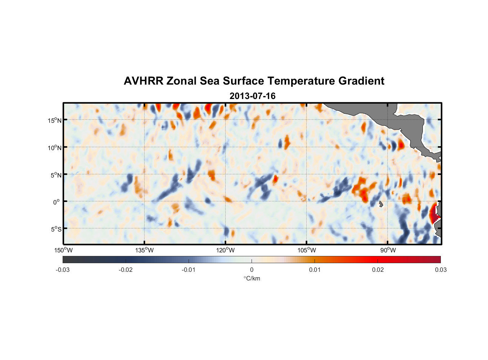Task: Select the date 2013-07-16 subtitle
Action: (252, 96)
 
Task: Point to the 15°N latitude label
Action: (55, 120)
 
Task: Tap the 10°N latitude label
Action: (55, 148)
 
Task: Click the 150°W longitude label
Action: (63, 250)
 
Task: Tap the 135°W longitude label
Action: (144, 250)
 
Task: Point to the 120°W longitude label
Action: (225, 250)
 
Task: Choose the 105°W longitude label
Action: (307, 250)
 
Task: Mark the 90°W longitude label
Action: (388, 250)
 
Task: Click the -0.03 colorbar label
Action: (63, 270)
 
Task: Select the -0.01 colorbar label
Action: (189, 270)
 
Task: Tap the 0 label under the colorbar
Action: (252, 270)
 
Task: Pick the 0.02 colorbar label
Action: (378, 270)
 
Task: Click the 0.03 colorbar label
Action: (440, 270)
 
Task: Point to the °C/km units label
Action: (252, 278)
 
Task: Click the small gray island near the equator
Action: (381, 204)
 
